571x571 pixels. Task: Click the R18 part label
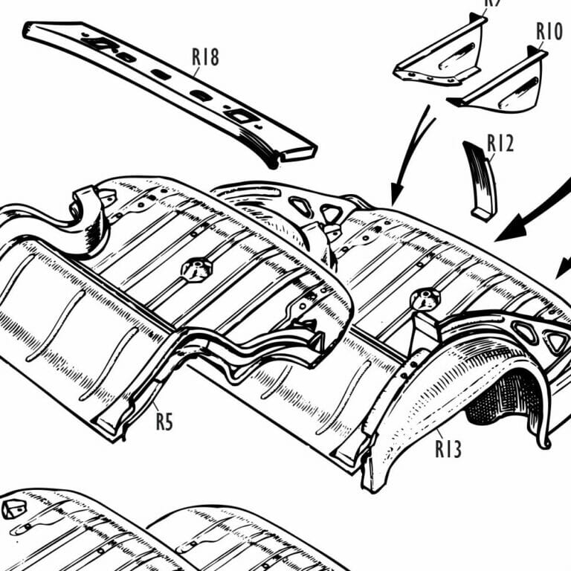point(204,57)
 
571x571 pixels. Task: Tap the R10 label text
point(549,32)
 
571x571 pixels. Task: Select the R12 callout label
point(500,143)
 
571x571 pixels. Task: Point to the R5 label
point(164,422)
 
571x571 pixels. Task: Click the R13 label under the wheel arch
point(448,448)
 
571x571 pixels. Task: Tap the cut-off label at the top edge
point(494,3)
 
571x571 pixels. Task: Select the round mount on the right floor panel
point(426,298)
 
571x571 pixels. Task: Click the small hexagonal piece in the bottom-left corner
point(13,509)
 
